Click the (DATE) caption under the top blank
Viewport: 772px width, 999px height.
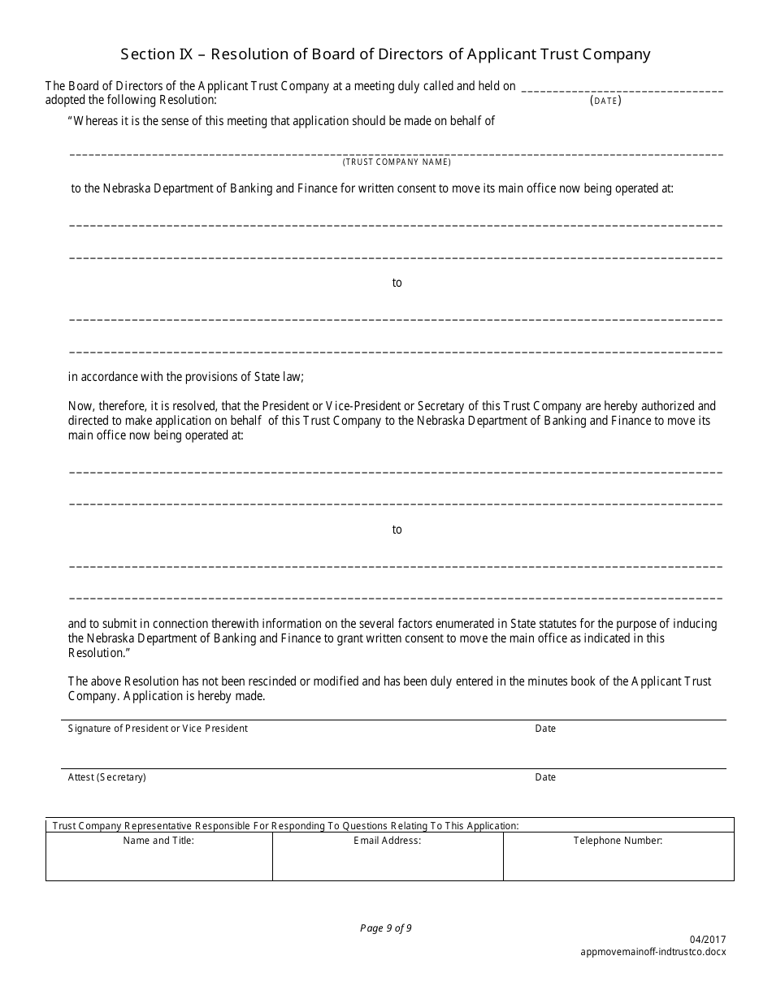coord(605,101)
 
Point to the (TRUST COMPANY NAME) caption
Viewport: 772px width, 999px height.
coord(397,162)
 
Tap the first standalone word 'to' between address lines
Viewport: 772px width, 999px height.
coord(397,283)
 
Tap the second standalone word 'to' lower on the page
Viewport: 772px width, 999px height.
coord(397,530)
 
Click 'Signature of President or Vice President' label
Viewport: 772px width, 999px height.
coord(158,729)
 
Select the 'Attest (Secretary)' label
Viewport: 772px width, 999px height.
coord(106,777)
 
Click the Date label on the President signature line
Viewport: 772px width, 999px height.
coord(545,729)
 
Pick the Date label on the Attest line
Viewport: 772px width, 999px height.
coord(545,777)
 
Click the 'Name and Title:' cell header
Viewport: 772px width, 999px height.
coord(158,841)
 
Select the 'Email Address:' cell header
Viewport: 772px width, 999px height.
coord(387,841)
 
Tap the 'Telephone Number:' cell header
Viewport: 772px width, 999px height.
coord(618,841)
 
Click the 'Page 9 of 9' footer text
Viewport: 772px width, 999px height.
coord(386,928)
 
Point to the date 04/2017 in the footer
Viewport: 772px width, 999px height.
coord(710,940)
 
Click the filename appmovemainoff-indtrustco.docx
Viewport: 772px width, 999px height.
coord(654,951)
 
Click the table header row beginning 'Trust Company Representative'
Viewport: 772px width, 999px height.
coord(285,825)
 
